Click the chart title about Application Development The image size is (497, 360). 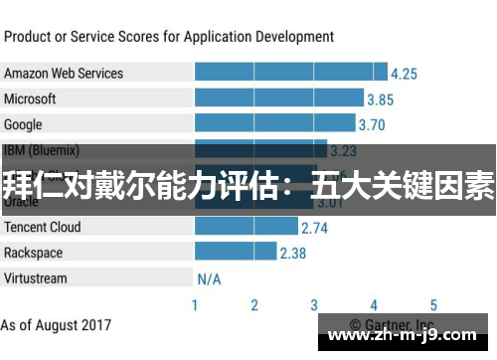pyautogui.click(x=169, y=37)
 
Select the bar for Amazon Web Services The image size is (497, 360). pyautogui.click(x=291, y=73)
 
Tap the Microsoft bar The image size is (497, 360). pyautogui.click(x=279, y=98)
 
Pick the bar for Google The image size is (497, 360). pyautogui.click(x=274, y=123)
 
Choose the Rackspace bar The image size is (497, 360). pyautogui.click(x=235, y=253)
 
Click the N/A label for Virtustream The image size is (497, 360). pyautogui.click(x=210, y=279)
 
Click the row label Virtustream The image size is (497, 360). pyautogui.click(x=36, y=278)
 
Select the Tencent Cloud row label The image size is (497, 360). pyautogui.click(x=43, y=227)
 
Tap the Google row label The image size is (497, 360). pyautogui.click(x=23, y=124)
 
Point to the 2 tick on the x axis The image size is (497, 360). pyautogui.click(x=254, y=305)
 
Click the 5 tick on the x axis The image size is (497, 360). pyautogui.click(x=433, y=305)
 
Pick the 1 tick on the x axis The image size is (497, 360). pyautogui.click(x=195, y=305)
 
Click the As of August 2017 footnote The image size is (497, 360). pyautogui.click(x=57, y=325)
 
